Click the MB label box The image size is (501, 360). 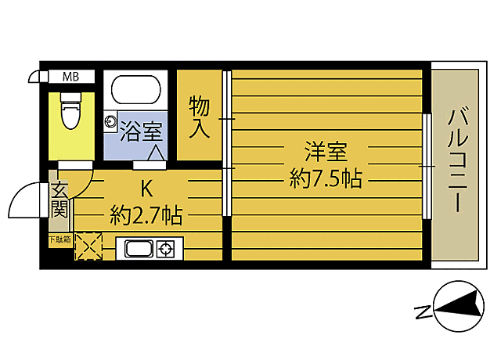(x=70, y=77)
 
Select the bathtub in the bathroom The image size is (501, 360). (x=135, y=90)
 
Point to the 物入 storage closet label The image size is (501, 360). (x=199, y=116)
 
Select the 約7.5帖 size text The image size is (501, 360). (x=326, y=179)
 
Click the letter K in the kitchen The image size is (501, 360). (x=146, y=188)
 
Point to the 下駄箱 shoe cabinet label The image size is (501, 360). (x=60, y=239)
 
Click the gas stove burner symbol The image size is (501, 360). (x=167, y=250)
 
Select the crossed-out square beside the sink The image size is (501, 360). (x=88, y=247)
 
